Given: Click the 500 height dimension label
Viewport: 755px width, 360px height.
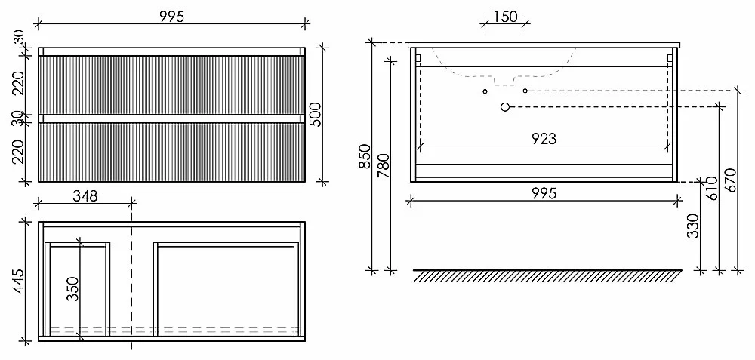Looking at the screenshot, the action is click(315, 115).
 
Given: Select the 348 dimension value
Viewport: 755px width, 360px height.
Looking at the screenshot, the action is click(85, 195).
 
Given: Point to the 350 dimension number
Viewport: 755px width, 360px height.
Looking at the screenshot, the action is click(72, 289).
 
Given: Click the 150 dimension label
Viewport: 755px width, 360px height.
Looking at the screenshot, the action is click(506, 17).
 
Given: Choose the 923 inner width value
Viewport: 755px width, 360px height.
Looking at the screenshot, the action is click(544, 139).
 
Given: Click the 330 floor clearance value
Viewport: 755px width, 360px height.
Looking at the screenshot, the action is click(693, 226).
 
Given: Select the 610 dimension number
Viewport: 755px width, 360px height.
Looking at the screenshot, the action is click(712, 188).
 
